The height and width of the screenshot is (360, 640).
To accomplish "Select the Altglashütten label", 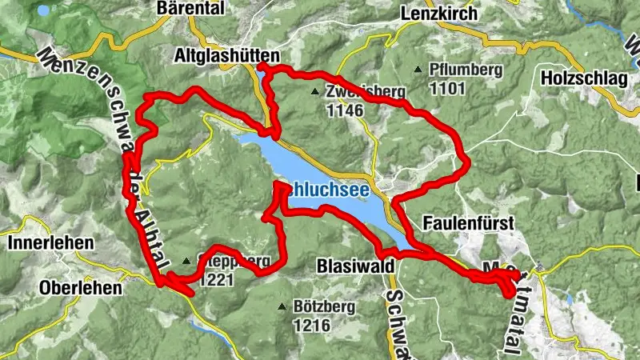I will [227, 56].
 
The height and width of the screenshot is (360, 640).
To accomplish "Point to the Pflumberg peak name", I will [465, 70].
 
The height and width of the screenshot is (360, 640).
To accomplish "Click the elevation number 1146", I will [345, 110].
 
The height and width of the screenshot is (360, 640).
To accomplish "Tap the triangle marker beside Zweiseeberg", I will [317, 91].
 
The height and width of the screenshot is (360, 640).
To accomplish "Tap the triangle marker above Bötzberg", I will [282, 306].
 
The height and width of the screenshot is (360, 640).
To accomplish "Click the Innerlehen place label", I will [50, 242].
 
